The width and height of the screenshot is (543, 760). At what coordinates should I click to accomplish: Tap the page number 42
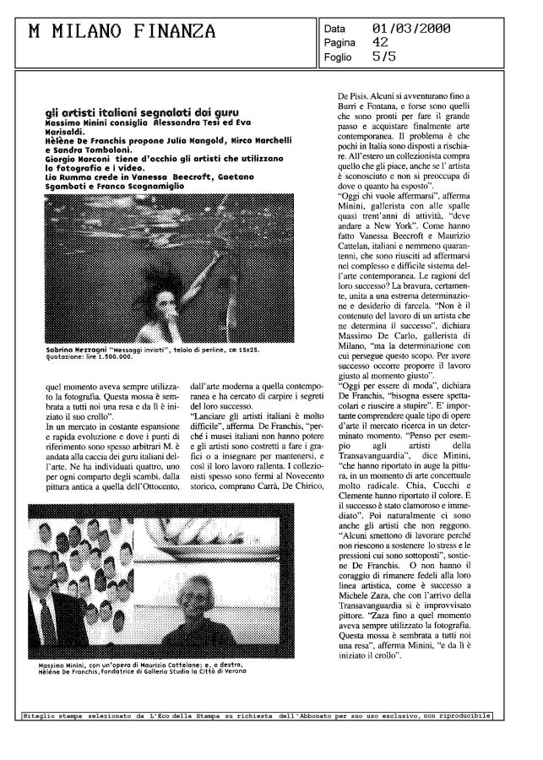click(x=381, y=41)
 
